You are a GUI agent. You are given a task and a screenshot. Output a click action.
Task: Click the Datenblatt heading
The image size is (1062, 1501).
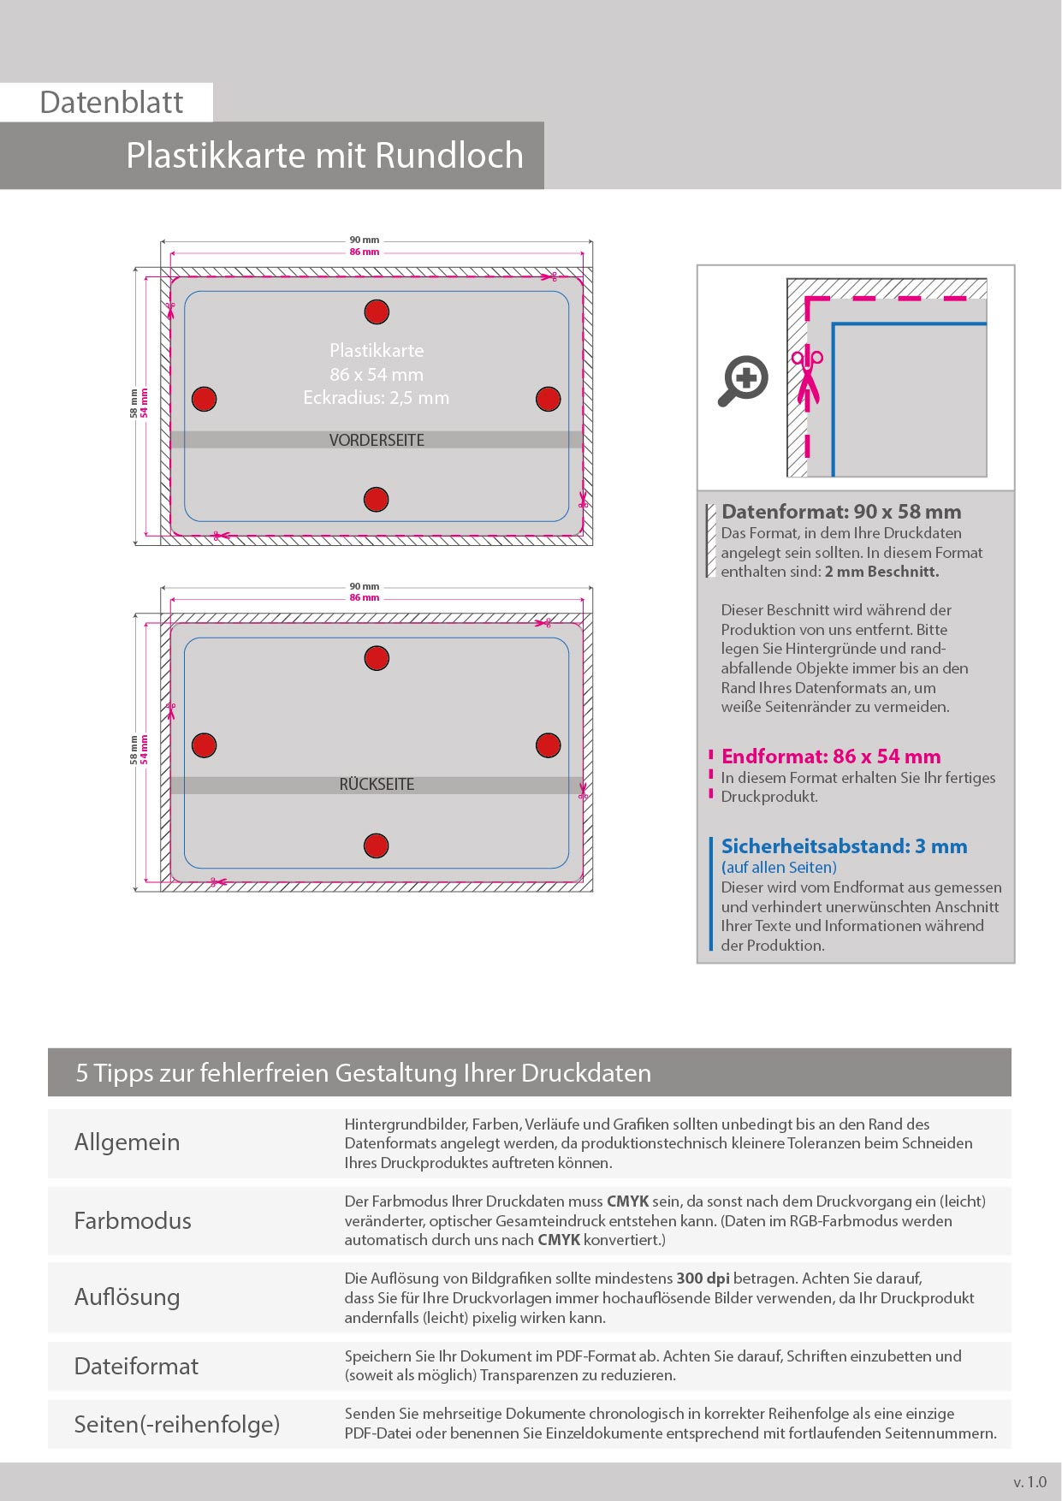(111, 103)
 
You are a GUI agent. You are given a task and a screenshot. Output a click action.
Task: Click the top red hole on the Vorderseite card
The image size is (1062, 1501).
(377, 312)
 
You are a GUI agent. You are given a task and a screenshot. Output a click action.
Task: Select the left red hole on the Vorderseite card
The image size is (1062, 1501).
(204, 399)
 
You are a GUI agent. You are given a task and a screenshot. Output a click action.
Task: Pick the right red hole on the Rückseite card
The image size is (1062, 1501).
(548, 745)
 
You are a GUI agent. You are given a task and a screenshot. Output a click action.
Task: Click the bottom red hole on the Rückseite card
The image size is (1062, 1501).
(377, 845)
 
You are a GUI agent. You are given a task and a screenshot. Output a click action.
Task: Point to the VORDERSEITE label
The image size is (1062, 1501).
(377, 440)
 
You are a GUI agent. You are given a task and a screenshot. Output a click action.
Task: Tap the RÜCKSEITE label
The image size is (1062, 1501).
(377, 785)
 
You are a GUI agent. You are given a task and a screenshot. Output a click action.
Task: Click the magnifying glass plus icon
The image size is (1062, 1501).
(743, 379)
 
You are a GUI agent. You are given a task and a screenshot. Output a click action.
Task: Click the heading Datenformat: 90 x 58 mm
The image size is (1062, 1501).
(841, 512)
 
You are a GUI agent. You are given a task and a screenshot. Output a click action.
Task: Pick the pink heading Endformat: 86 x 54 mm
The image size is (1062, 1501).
(831, 756)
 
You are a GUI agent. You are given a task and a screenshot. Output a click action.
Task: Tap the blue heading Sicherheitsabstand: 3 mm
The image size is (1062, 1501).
(844, 846)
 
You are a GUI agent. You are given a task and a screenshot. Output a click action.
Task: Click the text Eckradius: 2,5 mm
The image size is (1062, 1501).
(377, 398)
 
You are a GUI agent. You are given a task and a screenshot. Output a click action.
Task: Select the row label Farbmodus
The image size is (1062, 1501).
(133, 1220)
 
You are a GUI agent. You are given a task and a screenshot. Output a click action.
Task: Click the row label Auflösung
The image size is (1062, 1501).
(127, 1297)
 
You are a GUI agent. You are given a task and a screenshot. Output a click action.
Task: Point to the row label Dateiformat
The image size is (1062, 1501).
(136, 1367)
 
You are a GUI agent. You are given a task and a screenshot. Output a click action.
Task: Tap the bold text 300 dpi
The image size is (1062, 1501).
(703, 1279)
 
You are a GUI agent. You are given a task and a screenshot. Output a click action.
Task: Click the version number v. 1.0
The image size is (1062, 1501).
(1029, 1482)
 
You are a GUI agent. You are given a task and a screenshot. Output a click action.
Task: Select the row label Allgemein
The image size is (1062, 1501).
(127, 1142)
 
